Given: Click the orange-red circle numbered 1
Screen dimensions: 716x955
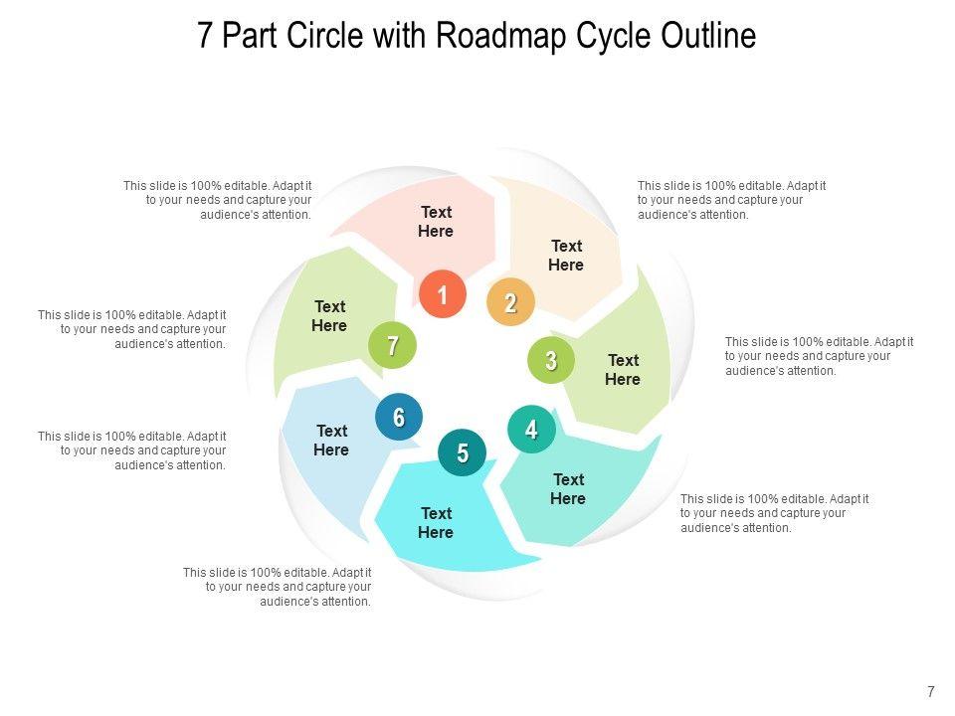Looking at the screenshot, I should pyautogui.click(x=442, y=294).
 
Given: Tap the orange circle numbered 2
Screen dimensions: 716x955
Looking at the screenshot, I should pyautogui.click(x=510, y=303).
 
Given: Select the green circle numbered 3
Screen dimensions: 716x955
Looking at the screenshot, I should pyautogui.click(x=551, y=360).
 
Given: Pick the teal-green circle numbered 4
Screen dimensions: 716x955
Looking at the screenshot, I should pyautogui.click(x=531, y=430).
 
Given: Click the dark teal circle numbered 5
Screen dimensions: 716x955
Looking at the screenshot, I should pyautogui.click(x=463, y=453).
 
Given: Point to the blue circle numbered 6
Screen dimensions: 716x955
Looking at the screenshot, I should pyautogui.click(x=398, y=418).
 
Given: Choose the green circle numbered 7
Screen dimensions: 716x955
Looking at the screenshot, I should pyautogui.click(x=392, y=346).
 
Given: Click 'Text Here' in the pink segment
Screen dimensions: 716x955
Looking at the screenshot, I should pyautogui.click(x=436, y=222).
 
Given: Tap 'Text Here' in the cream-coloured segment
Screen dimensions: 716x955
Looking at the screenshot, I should pyautogui.click(x=566, y=256).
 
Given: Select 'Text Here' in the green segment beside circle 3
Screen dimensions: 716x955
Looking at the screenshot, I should pyautogui.click(x=623, y=370).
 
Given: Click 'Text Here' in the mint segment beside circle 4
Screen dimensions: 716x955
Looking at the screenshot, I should pyautogui.click(x=568, y=489).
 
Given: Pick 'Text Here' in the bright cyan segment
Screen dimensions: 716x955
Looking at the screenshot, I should pyautogui.click(x=436, y=523).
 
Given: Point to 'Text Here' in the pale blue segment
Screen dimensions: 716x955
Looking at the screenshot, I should pyautogui.click(x=331, y=441).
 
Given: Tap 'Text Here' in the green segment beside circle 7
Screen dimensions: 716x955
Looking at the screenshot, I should pyautogui.click(x=329, y=316).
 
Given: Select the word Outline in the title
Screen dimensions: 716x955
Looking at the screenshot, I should pyautogui.click(x=707, y=36).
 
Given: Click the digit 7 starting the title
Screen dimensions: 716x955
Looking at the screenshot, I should pyautogui.click(x=206, y=36).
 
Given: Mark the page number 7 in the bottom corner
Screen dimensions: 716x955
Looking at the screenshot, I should pyautogui.click(x=931, y=692).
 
